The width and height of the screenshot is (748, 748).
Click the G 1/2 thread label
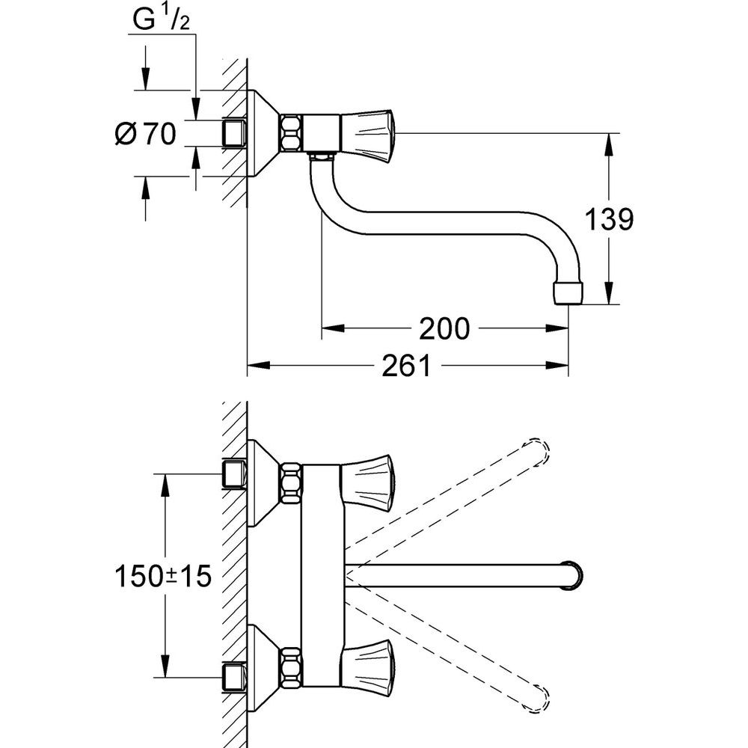click(161, 19)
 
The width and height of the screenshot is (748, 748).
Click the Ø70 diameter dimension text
click(146, 134)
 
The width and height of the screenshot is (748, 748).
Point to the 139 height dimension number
click(609, 219)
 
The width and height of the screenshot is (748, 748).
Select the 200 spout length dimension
click(444, 328)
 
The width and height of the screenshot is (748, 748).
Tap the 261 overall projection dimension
click(406, 366)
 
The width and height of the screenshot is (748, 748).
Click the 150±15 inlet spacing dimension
click(163, 576)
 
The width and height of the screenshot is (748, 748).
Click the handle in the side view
click(367, 134)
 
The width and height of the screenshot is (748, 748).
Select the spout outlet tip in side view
click(568, 293)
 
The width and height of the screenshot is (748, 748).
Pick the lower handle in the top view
click(367, 672)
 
